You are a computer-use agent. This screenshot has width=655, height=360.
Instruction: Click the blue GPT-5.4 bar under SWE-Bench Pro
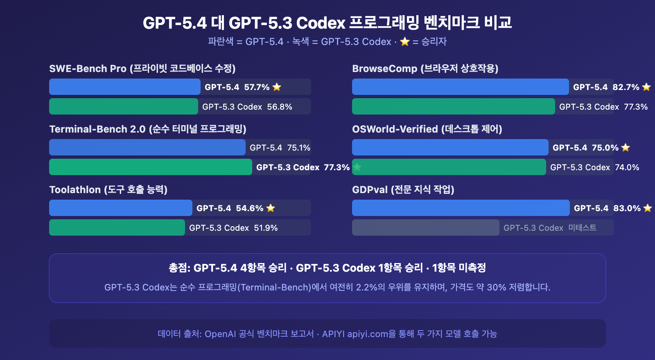pyautogui.click(x=124, y=87)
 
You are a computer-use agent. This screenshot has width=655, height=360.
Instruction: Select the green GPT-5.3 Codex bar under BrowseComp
pyautogui.click(x=453, y=106)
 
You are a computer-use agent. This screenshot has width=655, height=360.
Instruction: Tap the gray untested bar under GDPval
pyautogui.click(x=425, y=227)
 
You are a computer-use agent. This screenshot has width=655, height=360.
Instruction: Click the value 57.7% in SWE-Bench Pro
pyautogui.click(x=257, y=87)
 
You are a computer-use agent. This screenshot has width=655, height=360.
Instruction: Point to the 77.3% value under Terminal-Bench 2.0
pyautogui.click(x=337, y=167)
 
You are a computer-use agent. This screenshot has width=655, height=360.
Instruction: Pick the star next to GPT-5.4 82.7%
pyautogui.click(x=646, y=87)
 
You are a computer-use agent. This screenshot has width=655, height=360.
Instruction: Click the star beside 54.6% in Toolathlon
pyautogui.click(x=271, y=208)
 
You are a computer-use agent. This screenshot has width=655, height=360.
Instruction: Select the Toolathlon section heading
pyautogui.click(x=108, y=189)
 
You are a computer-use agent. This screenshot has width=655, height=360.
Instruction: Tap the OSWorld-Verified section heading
pyautogui.click(x=427, y=129)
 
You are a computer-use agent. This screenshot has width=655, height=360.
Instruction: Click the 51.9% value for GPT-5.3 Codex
pyautogui.click(x=266, y=228)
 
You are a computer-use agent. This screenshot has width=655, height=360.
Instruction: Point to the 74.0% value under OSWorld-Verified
pyautogui.click(x=627, y=167)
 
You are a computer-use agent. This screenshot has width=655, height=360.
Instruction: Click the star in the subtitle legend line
pyautogui.click(x=404, y=42)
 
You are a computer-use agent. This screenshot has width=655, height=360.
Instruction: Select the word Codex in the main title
pyautogui.click(x=321, y=23)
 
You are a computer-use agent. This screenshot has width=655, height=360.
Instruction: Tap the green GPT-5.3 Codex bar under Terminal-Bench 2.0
pyautogui.click(x=150, y=167)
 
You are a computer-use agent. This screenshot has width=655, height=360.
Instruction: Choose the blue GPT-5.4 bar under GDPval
pyautogui.click(x=461, y=208)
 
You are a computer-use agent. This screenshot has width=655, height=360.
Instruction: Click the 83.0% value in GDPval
pyautogui.click(x=627, y=208)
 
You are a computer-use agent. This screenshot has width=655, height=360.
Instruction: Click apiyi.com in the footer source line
pyautogui.click(x=367, y=334)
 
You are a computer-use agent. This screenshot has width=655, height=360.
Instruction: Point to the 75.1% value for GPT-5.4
pyautogui.click(x=298, y=148)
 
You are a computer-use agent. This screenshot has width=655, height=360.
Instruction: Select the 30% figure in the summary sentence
pyautogui.click(x=496, y=287)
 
